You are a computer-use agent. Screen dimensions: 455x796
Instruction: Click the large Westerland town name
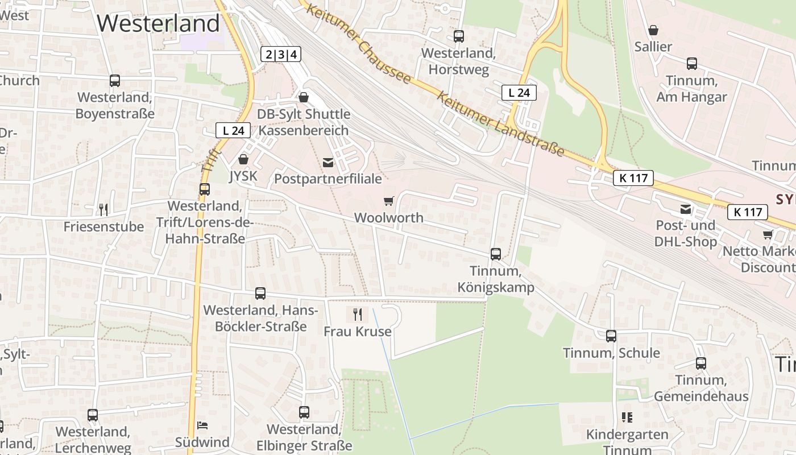[x=158, y=23]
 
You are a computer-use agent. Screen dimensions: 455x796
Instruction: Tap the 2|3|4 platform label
[x=281, y=55]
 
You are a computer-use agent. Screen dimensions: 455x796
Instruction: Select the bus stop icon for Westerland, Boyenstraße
[x=115, y=81]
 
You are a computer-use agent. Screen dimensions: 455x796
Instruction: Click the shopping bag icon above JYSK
[x=243, y=159]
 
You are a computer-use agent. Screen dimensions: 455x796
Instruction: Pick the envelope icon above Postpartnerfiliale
[x=328, y=163]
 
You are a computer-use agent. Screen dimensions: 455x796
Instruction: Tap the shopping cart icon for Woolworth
[x=389, y=201]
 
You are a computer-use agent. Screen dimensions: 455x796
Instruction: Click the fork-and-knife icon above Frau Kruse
[x=358, y=314]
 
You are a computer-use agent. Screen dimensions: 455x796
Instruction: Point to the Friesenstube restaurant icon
[x=103, y=210]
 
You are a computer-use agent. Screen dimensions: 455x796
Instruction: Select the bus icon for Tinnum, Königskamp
[x=496, y=254]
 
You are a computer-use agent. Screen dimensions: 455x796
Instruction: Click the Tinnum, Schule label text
[x=611, y=353]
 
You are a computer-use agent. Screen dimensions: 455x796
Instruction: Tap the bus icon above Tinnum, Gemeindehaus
[x=701, y=363]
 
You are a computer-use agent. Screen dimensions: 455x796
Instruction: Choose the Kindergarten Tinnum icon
[x=627, y=417]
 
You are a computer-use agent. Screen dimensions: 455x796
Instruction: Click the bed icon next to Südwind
[x=202, y=425]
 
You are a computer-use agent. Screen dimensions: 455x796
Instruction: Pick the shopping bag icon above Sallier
[x=653, y=30]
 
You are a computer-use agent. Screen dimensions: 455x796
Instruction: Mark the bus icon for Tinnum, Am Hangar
[x=692, y=64]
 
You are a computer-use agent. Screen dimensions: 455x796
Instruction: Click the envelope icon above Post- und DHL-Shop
[x=686, y=209]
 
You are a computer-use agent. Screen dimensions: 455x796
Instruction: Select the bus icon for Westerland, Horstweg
[x=459, y=36]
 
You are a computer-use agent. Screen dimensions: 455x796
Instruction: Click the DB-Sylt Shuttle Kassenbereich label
[x=304, y=122]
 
